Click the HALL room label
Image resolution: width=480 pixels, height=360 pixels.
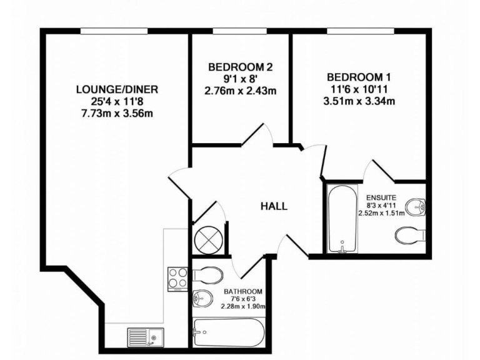point(274,206)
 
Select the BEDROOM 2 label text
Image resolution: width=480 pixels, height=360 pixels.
point(240,67)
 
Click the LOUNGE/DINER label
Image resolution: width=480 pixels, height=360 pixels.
point(117,89)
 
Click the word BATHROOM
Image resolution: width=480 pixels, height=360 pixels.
point(243,292)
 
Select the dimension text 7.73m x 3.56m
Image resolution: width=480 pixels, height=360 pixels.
point(117,113)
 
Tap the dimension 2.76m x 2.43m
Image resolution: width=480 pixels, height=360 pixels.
point(240,91)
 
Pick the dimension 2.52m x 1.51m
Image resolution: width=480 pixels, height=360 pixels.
point(381,212)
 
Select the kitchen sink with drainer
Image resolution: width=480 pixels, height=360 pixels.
point(146,337)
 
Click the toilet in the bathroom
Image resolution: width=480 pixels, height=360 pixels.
point(207,275)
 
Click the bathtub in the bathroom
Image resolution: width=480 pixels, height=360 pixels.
point(229,331)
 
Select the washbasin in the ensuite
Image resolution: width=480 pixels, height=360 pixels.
point(415,206)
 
